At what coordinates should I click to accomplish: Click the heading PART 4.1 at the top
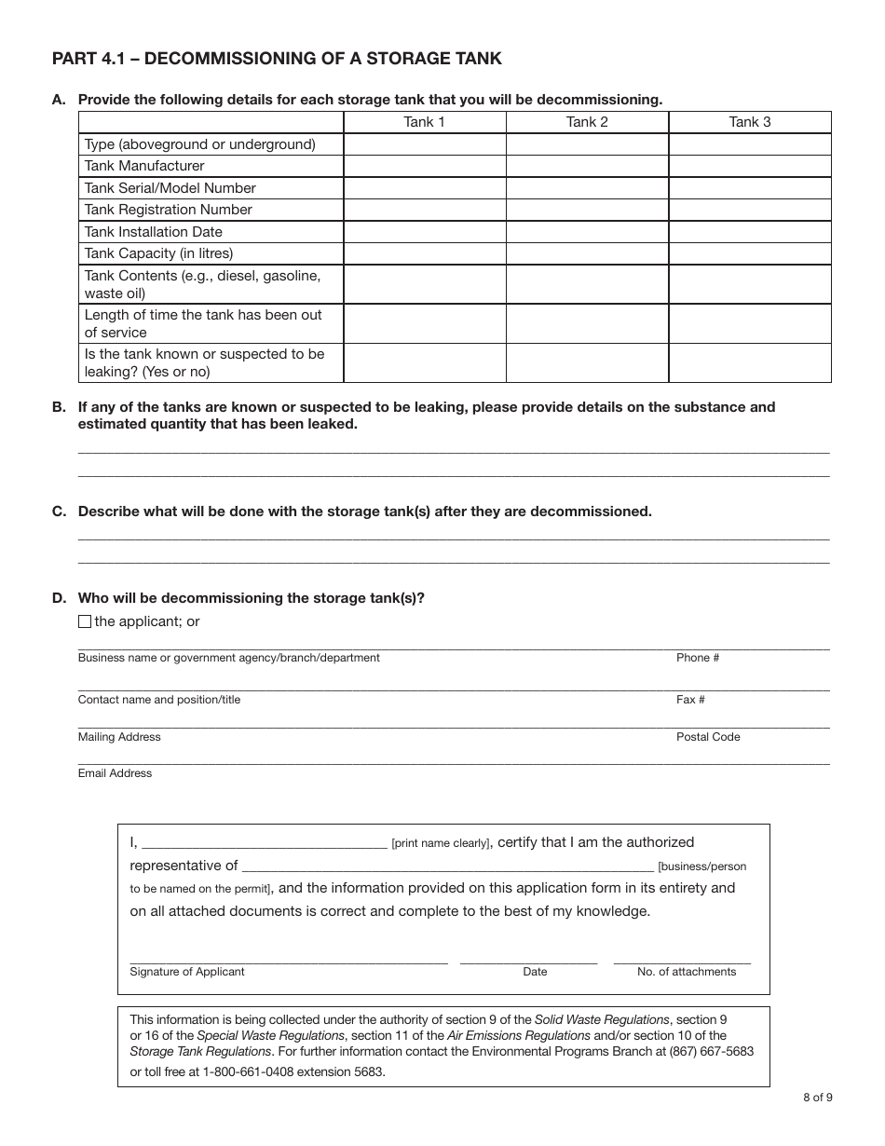277,59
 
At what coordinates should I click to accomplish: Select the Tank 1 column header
424,122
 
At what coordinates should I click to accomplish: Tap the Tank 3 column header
749,122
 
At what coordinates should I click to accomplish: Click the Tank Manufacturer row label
144,166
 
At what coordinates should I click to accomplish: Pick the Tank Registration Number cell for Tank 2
587,210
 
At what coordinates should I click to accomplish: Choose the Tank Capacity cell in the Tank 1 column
424,253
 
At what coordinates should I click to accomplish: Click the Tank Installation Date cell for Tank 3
749,232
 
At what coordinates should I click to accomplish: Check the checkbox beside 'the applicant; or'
85,621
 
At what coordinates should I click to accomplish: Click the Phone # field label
698,658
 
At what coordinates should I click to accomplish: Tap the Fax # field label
690,700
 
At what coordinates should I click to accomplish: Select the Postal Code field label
708,737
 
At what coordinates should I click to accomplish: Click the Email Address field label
115,773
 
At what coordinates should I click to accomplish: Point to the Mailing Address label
119,737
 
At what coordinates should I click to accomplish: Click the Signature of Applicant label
187,972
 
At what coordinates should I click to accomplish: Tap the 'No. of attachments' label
687,972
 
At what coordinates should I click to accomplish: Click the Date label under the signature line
535,972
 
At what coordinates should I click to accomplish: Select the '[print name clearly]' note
441,843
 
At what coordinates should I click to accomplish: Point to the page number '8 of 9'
817,1097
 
